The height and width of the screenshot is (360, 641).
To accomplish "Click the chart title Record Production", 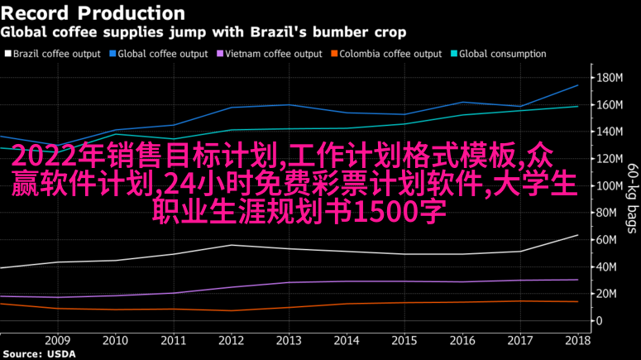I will pyautogui.click(x=93, y=13).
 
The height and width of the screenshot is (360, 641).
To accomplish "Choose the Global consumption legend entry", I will pyautogui.click(x=502, y=54).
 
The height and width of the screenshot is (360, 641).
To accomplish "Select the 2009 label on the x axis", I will pyautogui.click(x=57, y=340).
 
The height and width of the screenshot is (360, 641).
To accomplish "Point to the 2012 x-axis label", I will pyautogui.click(x=231, y=340).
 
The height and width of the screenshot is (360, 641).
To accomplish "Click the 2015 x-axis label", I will pyautogui.click(x=404, y=340).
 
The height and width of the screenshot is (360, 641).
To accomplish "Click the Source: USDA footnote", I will pyautogui.click(x=38, y=354).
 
